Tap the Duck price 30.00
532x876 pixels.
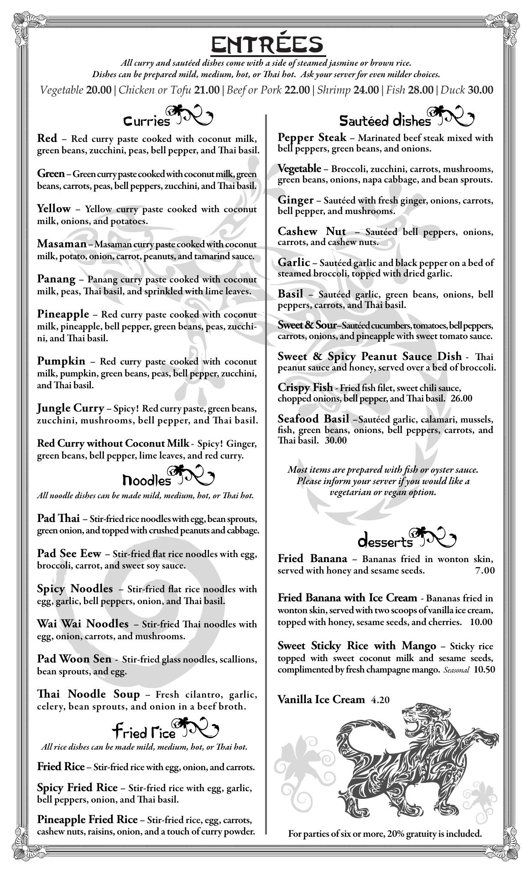[480, 90]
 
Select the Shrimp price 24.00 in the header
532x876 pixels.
[366, 90]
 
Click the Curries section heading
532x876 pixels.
[147, 121]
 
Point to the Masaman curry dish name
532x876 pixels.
[62, 244]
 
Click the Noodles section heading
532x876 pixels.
[147, 480]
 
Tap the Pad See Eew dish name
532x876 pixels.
[69, 554]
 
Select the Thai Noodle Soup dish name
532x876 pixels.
[88, 694]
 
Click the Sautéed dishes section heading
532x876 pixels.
[385, 121]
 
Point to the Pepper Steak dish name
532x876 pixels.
[312, 138]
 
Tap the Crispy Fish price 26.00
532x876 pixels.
[461, 398]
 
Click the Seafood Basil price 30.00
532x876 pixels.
[335, 441]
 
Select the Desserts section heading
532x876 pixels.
[386, 542]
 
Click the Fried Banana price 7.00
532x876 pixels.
[485, 571]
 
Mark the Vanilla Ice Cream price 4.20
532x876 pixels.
[380, 700]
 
